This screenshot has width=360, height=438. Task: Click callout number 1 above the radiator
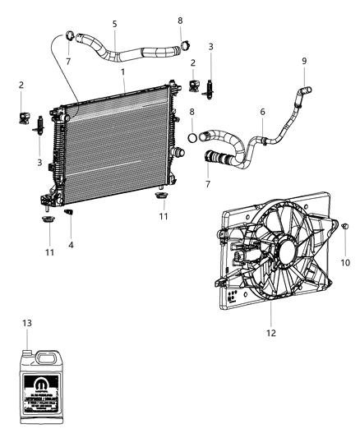[122, 72]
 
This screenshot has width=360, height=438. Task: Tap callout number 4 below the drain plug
[71, 243]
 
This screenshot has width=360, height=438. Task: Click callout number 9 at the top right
[303, 61]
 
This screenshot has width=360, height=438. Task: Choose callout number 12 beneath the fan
[272, 333]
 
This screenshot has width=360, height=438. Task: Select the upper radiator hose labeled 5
[123, 54]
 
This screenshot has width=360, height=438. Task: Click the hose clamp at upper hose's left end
[70, 36]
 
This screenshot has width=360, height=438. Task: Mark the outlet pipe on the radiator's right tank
[178, 154]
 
